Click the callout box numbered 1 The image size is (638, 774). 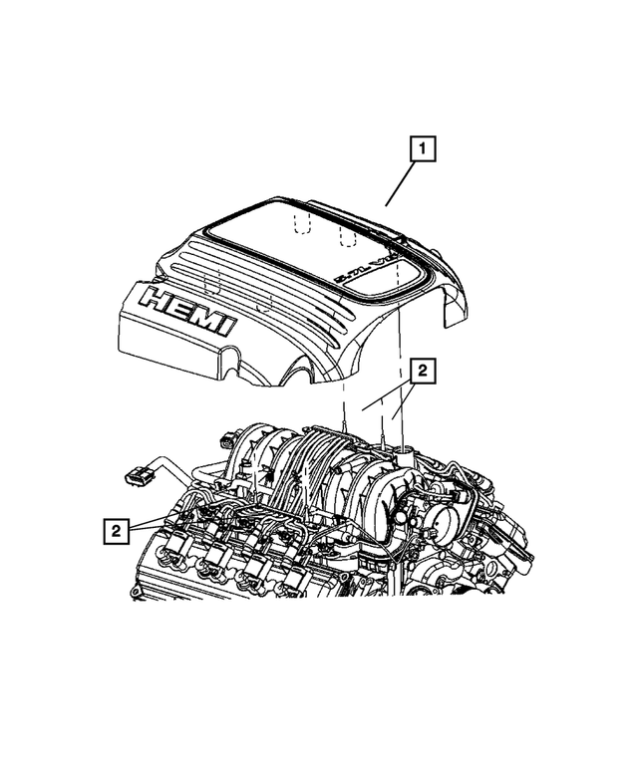(422, 151)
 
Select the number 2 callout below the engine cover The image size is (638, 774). (422, 371)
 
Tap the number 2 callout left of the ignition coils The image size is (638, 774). (118, 531)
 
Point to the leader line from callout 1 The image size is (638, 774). (402, 184)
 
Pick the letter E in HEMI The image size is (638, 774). (179, 306)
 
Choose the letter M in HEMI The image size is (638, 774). (205, 315)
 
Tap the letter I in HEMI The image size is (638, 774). (228, 324)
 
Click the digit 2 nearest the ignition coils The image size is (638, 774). (118, 531)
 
